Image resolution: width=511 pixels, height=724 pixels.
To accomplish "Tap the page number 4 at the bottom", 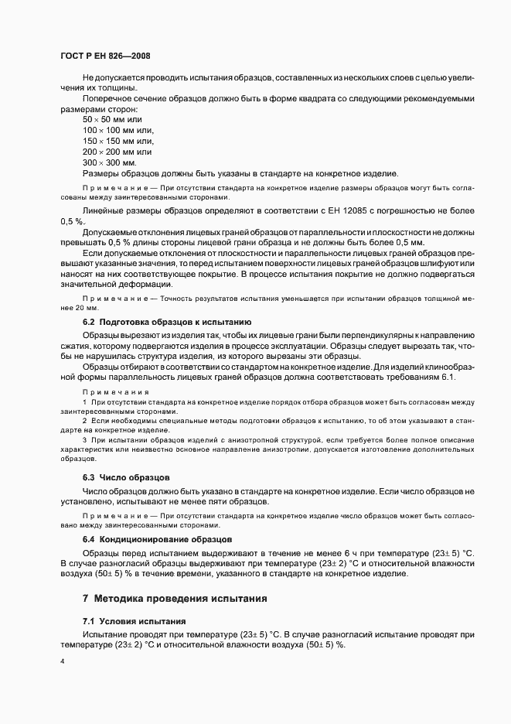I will point(62,661).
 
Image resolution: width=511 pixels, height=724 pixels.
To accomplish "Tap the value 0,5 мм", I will point(412,242).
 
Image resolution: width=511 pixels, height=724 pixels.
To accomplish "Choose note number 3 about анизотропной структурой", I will point(84,439).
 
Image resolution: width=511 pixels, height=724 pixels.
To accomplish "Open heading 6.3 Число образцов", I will point(126,477).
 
